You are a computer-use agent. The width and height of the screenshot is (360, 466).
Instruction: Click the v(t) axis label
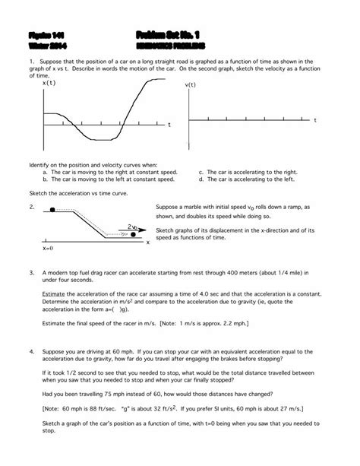click(193, 85)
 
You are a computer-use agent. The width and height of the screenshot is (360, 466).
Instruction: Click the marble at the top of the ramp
click(52, 208)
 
